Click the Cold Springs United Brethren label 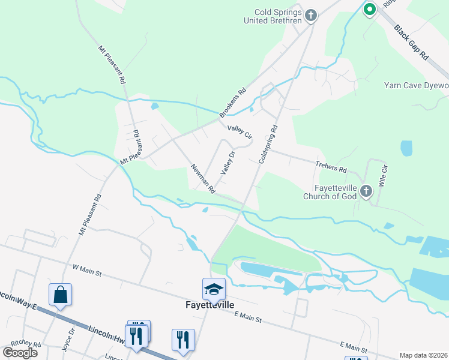[272, 16]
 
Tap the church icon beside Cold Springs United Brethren [310, 16]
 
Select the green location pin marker [370, 9]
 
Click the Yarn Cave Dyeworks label [416, 85]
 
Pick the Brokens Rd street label [234, 103]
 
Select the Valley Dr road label [227, 163]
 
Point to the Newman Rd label [203, 179]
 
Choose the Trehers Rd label [331, 166]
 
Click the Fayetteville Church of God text [331, 192]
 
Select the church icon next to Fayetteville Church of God [366, 191]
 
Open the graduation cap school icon [214, 289]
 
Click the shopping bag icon [60, 295]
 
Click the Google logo [20, 353]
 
